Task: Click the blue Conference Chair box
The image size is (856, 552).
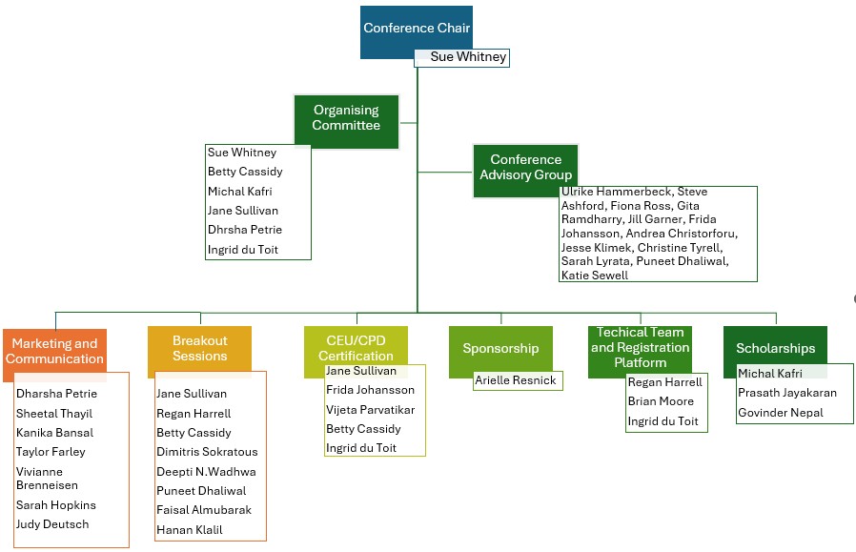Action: [416, 29]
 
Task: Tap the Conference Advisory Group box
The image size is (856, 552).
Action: [525, 169]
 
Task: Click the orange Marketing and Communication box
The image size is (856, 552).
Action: [54, 352]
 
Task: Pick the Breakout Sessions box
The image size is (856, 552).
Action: [200, 350]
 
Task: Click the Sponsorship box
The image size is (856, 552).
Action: [500, 350]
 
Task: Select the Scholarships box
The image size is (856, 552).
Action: [775, 350]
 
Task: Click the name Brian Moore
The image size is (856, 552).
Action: [661, 401]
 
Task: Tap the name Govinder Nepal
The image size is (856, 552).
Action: [780, 413]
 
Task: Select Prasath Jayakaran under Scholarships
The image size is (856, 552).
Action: [786, 393]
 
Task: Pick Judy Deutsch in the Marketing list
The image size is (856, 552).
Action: [52, 524]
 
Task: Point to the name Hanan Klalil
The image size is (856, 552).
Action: [190, 530]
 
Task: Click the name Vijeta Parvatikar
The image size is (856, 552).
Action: [370, 410]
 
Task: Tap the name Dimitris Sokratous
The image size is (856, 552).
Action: [207, 452]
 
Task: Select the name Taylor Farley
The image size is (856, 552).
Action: [51, 452]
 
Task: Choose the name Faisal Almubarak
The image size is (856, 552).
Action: [204, 510]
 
